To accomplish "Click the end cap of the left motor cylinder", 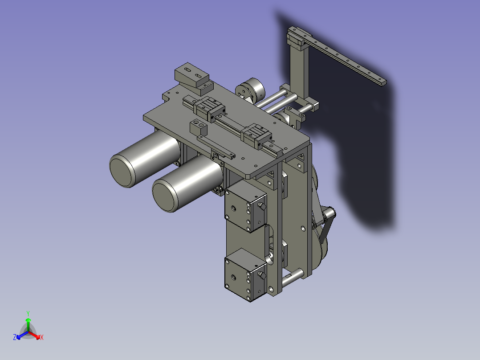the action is pyautogui.click(x=122, y=171).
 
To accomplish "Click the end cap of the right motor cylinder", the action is pyautogui.click(x=165, y=196).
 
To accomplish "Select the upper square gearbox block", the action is pyautogui.click(x=245, y=207).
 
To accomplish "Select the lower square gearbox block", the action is pyautogui.click(x=245, y=275).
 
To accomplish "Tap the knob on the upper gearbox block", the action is pyautogui.click(x=262, y=206).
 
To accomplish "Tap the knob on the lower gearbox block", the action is pyautogui.click(x=262, y=275).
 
